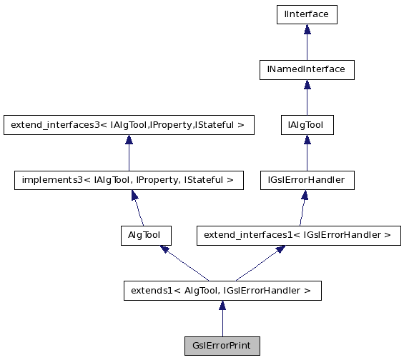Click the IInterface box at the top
point(306,14)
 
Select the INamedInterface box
point(306,69)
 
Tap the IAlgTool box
point(306,125)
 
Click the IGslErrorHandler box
point(306,180)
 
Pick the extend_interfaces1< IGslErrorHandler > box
point(298,235)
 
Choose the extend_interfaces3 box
point(128,125)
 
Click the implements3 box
point(128,180)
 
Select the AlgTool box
point(145,235)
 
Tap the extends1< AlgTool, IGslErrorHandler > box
point(222,290)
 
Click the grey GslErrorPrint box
point(222,345)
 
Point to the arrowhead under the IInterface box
point(307,29)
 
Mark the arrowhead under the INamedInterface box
point(307,84)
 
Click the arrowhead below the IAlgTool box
point(307,140)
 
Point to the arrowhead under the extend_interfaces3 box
point(128,140)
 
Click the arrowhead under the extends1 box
point(222,306)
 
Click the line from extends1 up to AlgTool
point(187,265)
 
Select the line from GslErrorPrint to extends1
point(222,323)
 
